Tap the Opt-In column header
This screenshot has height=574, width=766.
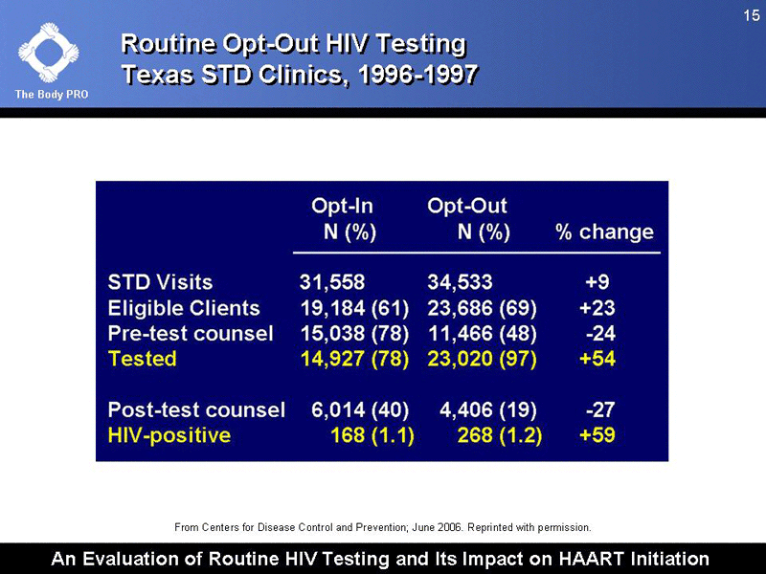pyautogui.click(x=342, y=205)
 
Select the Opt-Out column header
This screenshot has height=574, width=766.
pyautogui.click(x=467, y=205)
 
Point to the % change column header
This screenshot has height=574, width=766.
pyautogui.click(x=604, y=232)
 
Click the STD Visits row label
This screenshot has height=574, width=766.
pyautogui.click(x=160, y=282)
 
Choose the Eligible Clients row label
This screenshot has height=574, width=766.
pyautogui.click(x=184, y=308)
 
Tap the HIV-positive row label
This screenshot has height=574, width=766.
pyautogui.click(x=169, y=435)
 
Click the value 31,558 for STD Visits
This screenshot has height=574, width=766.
pyautogui.click(x=331, y=282)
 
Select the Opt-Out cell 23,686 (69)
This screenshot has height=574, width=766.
pyautogui.click(x=482, y=308)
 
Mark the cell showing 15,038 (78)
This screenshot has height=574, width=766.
pyautogui.click(x=354, y=334)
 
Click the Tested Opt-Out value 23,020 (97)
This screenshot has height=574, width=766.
pyautogui.click(x=482, y=359)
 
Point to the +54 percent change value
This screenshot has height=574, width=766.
pyautogui.click(x=597, y=359)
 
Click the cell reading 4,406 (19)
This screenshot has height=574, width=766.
pyautogui.click(x=487, y=409)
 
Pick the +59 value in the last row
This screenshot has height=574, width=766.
pyautogui.click(x=597, y=435)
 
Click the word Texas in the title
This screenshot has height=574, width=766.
pyautogui.click(x=157, y=74)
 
